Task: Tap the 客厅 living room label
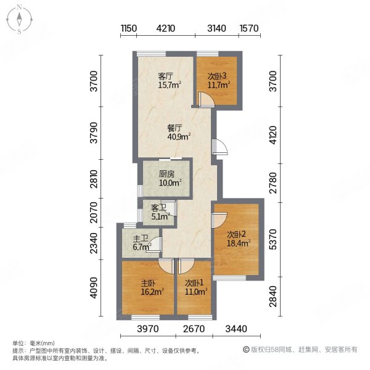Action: tap(165, 76)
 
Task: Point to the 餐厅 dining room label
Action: tap(175, 128)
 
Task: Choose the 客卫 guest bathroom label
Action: tap(158, 206)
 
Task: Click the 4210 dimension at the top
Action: tap(166, 28)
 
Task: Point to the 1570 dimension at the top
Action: tap(249, 28)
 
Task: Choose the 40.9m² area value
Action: tap(179, 137)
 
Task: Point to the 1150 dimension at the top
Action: tap(128, 28)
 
